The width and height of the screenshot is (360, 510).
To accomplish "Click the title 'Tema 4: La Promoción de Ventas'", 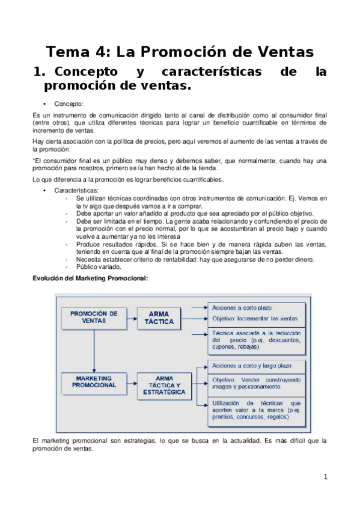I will (x=180, y=52).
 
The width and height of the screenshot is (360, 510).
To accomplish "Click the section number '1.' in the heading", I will (x=40, y=72).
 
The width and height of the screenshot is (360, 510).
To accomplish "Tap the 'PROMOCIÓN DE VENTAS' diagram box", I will (x=93, y=317).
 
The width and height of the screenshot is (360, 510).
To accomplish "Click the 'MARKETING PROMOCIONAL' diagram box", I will (x=94, y=381).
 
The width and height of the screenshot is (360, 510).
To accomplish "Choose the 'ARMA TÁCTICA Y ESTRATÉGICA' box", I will (x=161, y=385).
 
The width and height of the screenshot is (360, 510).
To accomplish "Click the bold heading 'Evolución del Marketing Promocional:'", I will (x=90, y=278).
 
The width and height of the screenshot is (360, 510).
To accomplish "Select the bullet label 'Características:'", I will (x=75, y=190).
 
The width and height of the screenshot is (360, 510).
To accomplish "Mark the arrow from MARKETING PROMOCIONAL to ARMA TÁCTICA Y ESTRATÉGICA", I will (x=130, y=381).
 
